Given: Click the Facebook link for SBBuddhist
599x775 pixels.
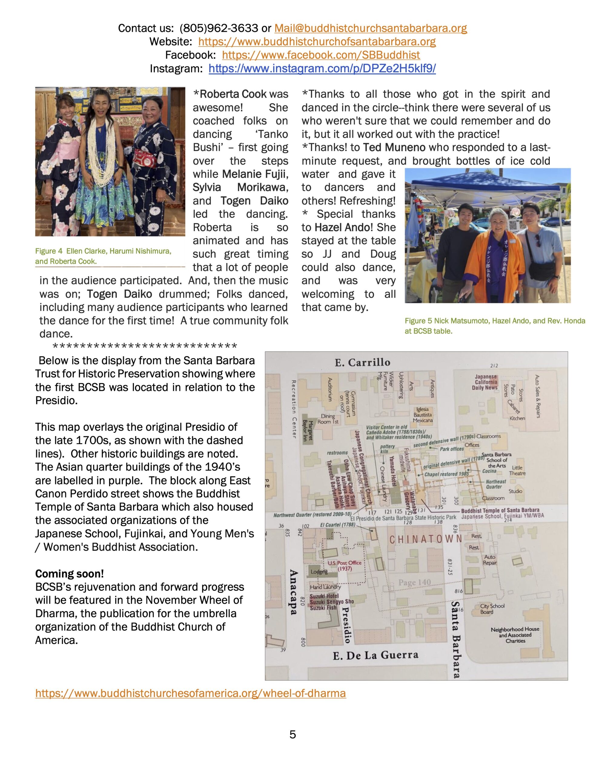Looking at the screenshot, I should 321,55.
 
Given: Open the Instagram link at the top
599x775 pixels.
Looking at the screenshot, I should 322,68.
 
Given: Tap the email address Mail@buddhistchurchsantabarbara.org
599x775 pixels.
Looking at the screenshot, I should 370,28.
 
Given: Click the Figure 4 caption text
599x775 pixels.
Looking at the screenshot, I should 103,256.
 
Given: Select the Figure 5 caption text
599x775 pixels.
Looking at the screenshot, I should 495,326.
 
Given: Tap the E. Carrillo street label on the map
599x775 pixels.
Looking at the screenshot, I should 362,362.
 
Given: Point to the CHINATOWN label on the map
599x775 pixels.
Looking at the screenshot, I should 425,540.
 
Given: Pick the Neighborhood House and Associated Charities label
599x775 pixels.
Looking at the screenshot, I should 515,635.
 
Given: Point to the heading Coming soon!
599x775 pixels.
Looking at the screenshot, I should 69,574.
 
